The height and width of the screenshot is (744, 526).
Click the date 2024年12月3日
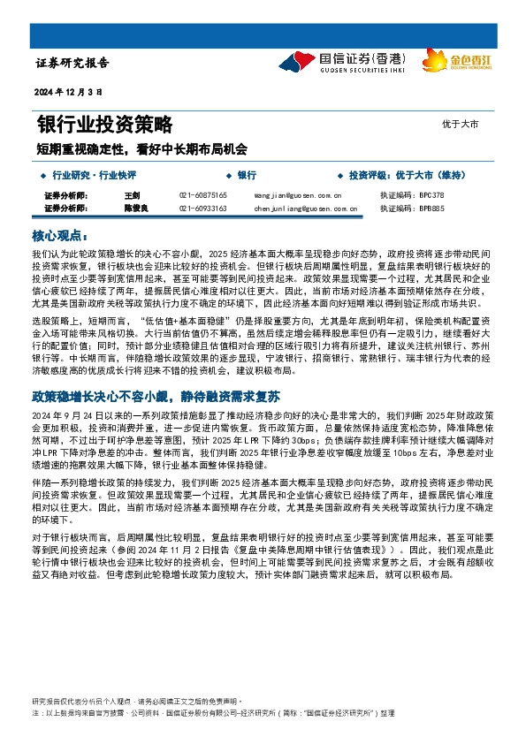[69, 92]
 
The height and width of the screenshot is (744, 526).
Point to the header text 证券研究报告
[72, 64]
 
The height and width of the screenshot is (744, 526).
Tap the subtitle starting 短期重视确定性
[141, 149]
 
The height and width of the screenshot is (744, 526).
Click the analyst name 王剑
[133, 194]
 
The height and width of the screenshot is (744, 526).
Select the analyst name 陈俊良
[135, 209]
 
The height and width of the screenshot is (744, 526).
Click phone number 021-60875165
[203, 194]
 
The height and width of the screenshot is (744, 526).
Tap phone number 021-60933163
[203, 209]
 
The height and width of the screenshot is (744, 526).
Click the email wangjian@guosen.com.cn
[293, 194]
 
